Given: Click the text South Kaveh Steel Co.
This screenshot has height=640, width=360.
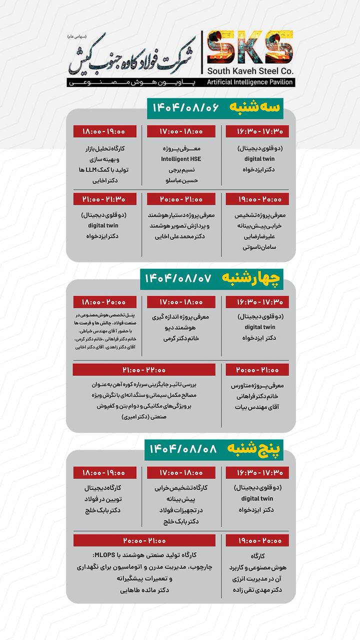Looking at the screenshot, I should tap(250, 70).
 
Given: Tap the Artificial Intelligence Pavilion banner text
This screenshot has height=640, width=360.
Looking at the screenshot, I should tap(250, 82).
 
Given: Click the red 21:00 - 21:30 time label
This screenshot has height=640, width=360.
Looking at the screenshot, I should tap(105, 199).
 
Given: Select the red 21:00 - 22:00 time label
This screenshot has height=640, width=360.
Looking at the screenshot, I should tap(144, 369).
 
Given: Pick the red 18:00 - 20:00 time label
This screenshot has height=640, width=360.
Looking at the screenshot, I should tap(105, 302).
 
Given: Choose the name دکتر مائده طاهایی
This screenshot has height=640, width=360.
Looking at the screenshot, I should tap(144, 590).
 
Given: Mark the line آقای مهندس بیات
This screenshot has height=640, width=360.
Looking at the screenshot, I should tap(251, 407).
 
